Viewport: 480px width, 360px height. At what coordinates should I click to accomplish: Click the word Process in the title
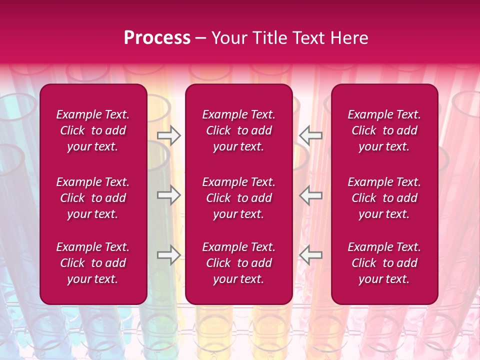pos(157,38)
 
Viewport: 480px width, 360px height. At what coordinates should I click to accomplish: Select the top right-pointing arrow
pos(168,135)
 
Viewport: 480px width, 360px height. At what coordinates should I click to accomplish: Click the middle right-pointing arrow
pos(168,195)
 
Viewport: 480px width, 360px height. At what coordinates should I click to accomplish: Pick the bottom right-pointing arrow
pos(168,255)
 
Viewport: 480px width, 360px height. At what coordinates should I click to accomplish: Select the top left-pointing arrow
pos(310,135)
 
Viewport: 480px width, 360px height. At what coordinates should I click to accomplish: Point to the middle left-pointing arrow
pos(310,195)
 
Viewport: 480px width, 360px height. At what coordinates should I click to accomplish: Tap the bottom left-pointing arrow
pos(310,255)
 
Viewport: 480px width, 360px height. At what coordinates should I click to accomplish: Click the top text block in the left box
pos(93,130)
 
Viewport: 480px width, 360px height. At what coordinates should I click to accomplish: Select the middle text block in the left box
pos(93,198)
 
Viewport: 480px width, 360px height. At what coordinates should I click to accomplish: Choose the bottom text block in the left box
pos(93,263)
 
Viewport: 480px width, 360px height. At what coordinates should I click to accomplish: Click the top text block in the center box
pos(238,130)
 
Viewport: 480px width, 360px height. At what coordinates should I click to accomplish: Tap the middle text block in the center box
pos(238,198)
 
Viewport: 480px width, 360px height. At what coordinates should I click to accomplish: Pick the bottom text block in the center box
pos(238,263)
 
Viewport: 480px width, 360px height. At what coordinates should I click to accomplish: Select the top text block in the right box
pos(384,130)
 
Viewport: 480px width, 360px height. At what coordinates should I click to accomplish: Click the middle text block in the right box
pos(384,198)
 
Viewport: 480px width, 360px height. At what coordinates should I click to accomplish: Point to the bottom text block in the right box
pos(384,263)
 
